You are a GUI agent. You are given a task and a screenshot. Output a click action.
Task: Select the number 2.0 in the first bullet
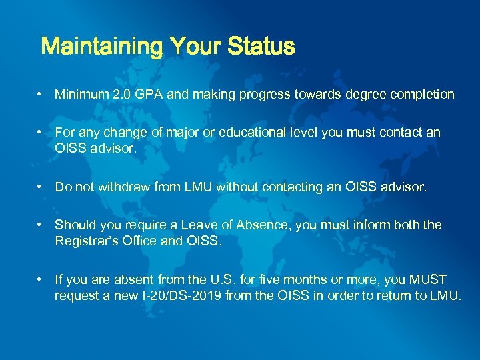121,95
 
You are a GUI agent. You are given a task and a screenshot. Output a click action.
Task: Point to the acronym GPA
149,95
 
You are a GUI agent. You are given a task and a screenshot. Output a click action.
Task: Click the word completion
418,95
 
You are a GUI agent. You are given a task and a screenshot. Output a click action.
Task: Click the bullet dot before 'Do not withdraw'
41,187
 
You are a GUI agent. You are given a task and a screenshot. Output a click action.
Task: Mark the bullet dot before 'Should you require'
41,225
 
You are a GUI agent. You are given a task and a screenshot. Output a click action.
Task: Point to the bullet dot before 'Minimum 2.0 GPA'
41,95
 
